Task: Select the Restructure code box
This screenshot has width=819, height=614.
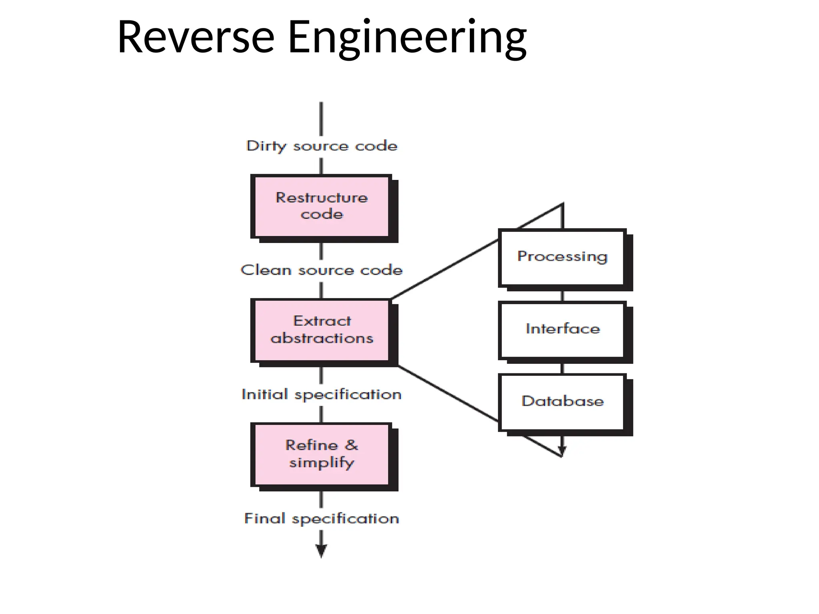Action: (x=321, y=206)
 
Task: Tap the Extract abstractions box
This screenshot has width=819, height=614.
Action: (x=321, y=330)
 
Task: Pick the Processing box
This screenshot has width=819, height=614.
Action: (x=562, y=257)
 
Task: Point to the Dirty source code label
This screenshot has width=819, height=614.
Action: (x=322, y=146)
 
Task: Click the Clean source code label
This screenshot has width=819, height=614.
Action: (x=322, y=270)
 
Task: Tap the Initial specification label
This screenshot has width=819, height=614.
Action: (x=322, y=395)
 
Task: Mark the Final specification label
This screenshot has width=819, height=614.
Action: (x=322, y=519)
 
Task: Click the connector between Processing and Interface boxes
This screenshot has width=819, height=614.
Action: (x=563, y=296)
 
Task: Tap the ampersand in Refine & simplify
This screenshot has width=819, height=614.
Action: (x=351, y=445)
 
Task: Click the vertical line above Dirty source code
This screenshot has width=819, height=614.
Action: (x=321, y=119)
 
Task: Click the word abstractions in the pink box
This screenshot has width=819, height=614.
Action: (x=322, y=339)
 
